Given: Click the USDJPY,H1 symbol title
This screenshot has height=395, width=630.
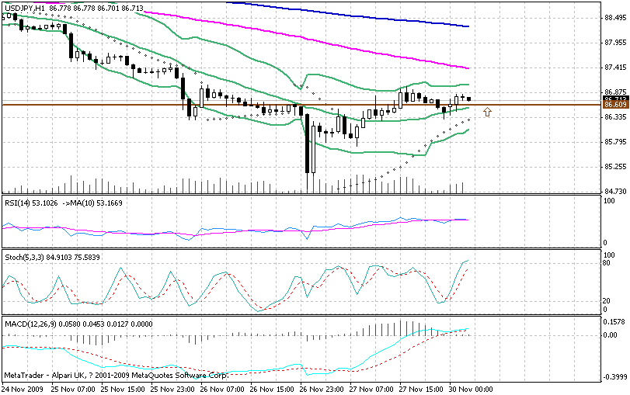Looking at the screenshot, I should pos(23,6).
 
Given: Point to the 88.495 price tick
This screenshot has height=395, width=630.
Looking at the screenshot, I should pos(616,18).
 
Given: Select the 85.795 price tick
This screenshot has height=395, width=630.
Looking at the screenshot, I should pos(616,141).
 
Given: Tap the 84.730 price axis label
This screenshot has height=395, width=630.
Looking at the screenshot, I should pos(616,191).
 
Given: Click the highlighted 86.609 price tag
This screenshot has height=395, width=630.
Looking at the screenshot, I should pos(615,105).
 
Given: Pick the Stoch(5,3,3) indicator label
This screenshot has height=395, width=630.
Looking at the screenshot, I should pos(23,256).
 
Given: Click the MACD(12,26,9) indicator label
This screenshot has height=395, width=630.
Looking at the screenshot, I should pos(26,322).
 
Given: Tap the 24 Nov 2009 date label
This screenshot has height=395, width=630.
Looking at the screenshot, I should pos(23,387).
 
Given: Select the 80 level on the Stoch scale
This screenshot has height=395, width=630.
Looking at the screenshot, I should pos(608,264).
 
